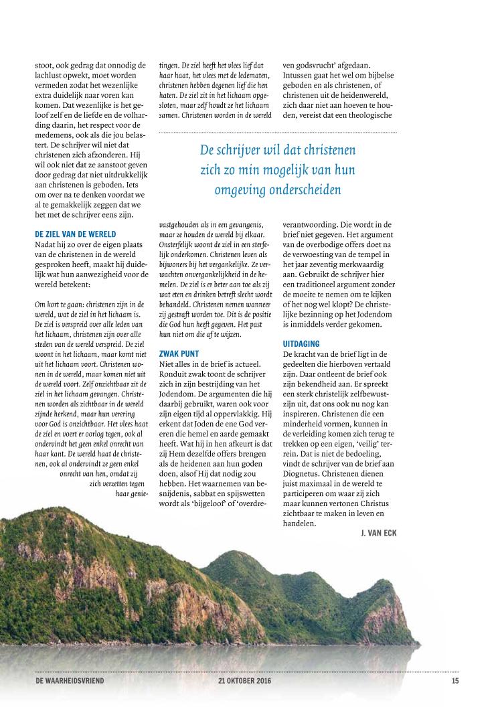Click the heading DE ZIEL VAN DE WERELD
click(75, 234)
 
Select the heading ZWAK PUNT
click(179, 353)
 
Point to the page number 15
click(455, 682)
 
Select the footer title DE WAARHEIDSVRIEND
click(70, 682)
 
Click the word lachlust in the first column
click(53, 76)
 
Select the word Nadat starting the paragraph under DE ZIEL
click(46, 244)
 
